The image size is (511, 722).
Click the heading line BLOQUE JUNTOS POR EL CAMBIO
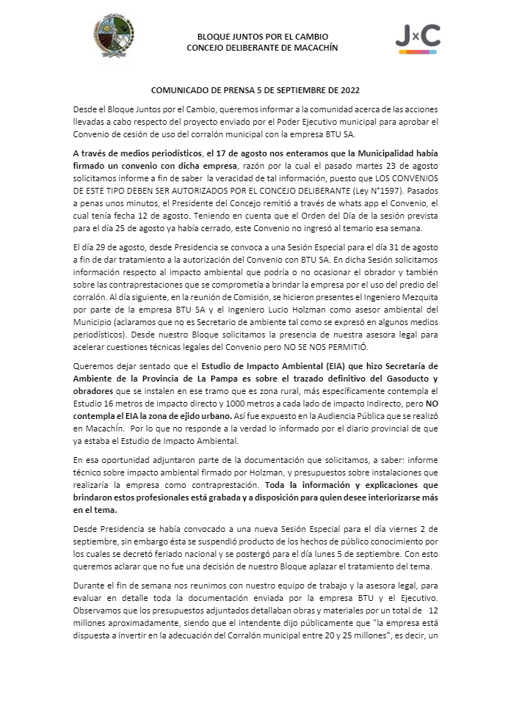(262, 37)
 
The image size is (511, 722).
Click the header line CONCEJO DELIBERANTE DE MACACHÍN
(262, 48)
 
